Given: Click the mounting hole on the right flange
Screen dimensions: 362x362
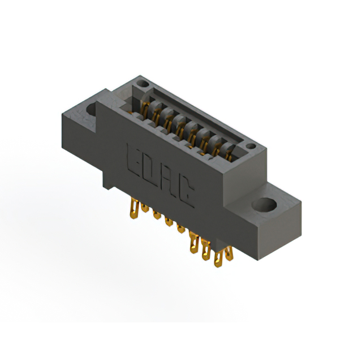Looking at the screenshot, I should [x=265, y=204].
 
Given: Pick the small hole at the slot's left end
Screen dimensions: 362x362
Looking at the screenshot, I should [x=144, y=84].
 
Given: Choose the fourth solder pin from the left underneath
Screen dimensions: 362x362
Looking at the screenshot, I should [x=169, y=222].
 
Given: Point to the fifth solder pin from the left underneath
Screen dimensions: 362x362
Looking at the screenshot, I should [x=181, y=229].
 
